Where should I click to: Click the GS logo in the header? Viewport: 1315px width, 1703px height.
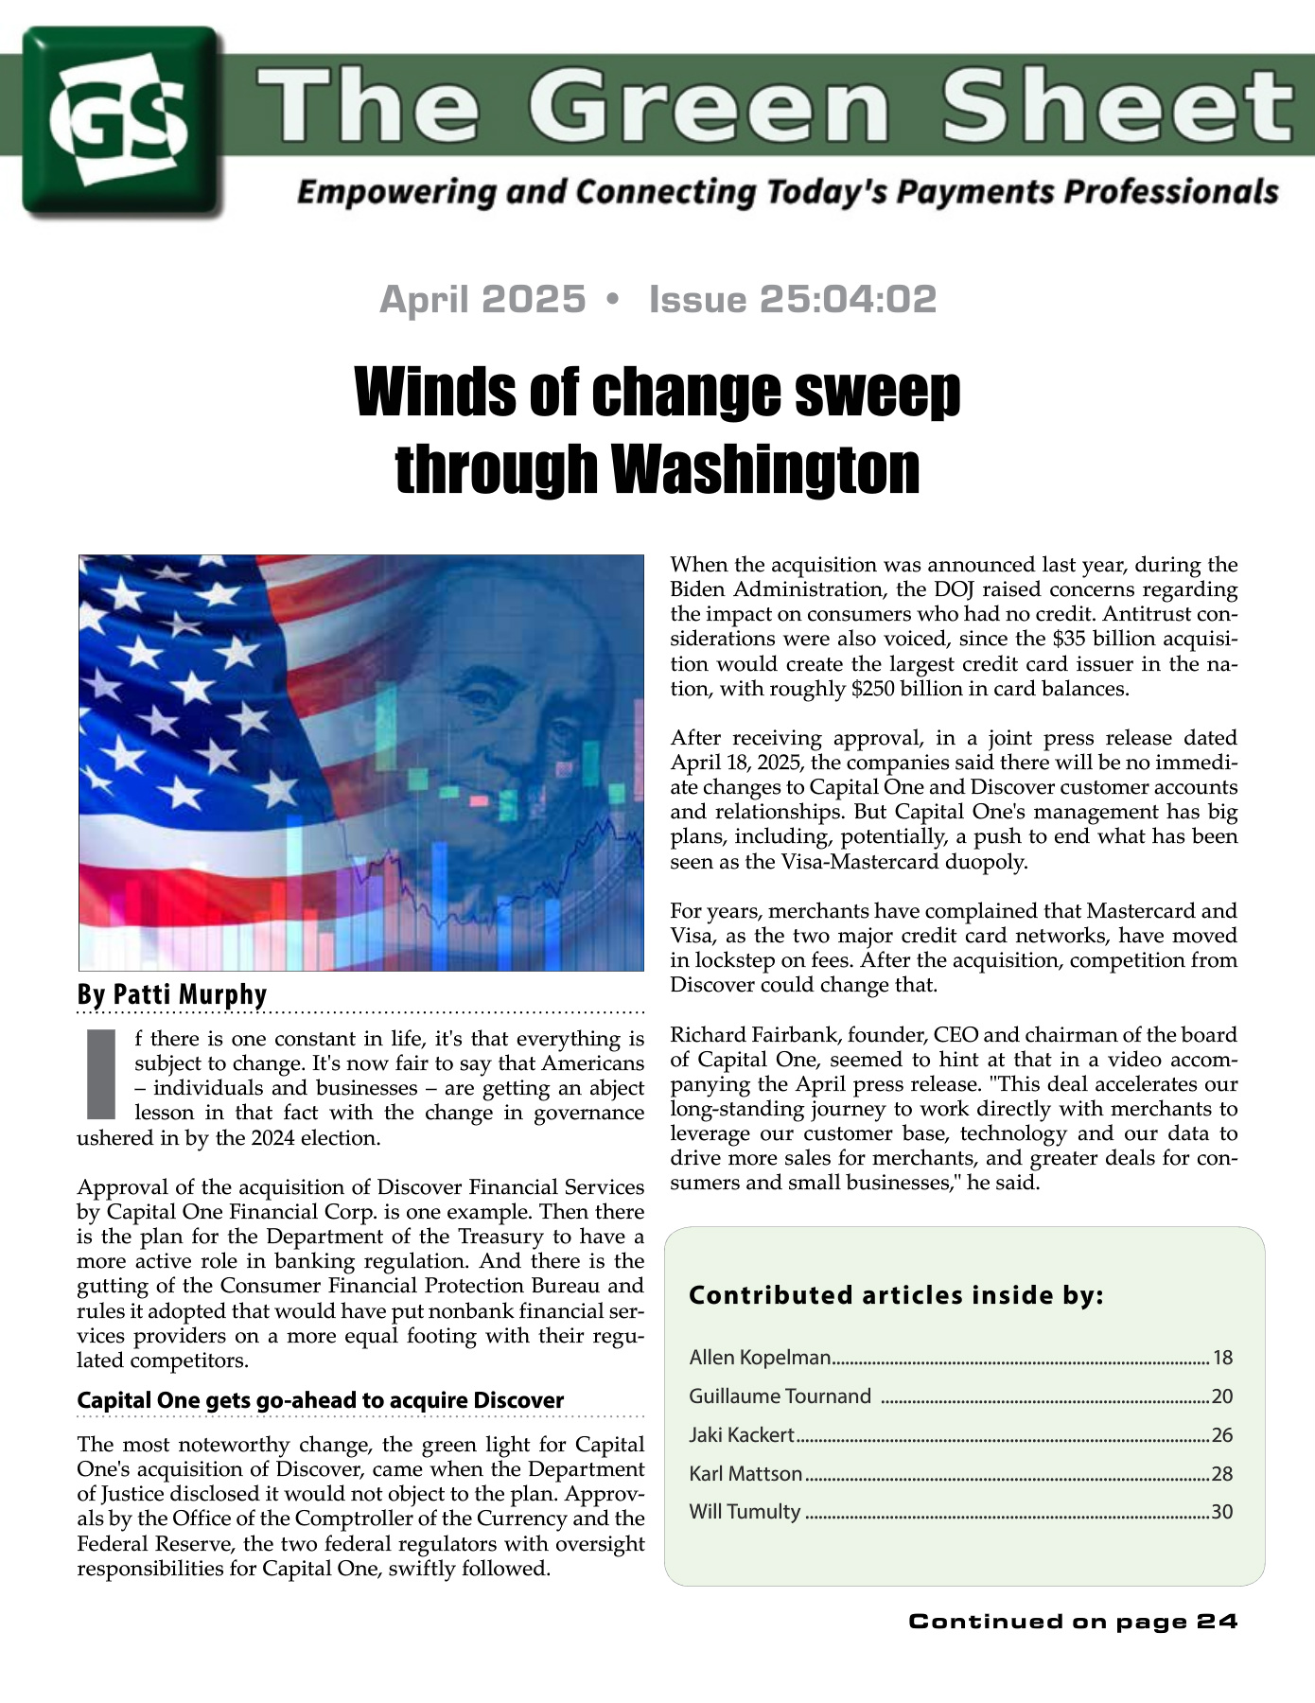(x=121, y=120)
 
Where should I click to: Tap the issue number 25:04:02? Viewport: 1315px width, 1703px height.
(x=793, y=299)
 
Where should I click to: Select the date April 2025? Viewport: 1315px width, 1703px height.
(x=482, y=299)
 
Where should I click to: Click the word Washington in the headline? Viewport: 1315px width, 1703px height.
(x=765, y=468)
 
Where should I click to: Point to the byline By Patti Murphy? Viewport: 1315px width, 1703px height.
(x=172, y=994)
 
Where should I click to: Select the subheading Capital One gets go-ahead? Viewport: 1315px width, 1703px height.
(x=320, y=1400)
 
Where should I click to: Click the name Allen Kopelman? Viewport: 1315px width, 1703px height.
(x=760, y=1358)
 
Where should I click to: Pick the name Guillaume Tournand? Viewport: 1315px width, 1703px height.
(x=780, y=1396)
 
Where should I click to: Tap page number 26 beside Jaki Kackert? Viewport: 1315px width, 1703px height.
(x=1222, y=1435)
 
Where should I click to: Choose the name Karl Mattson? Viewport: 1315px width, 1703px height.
(x=745, y=1474)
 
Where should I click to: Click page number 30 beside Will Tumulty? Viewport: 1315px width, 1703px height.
(x=1222, y=1512)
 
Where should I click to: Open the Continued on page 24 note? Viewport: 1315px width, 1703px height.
(x=1073, y=1622)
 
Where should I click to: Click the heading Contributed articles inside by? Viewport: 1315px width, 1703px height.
(x=896, y=1295)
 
